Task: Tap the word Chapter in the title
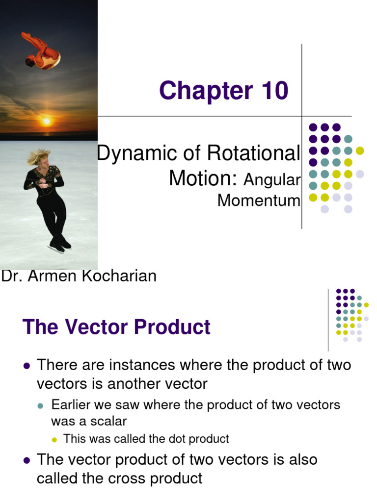203,91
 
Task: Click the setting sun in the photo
47,121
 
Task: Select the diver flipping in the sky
41,51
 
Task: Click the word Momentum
258,201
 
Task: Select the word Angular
271,180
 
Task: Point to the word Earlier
71,405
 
